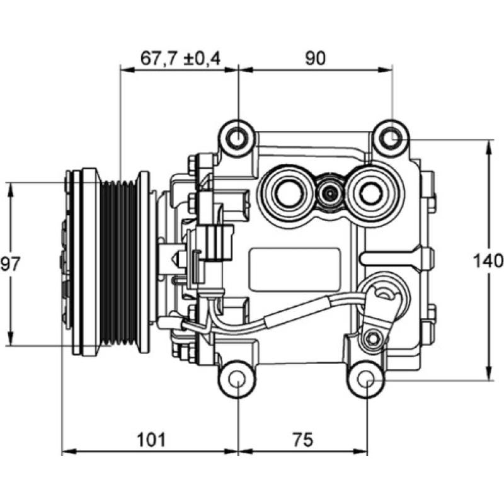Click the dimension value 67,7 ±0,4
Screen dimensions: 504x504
[x=180, y=58]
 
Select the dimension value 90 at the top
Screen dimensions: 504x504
[x=315, y=58]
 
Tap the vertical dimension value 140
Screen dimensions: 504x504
[x=490, y=260]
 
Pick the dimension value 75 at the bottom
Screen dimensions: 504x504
[x=302, y=439]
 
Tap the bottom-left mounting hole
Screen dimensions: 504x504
[x=238, y=379]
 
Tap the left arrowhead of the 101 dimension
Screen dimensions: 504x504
[x=67, y=452]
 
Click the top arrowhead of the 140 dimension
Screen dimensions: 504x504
[x=490, y=146]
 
